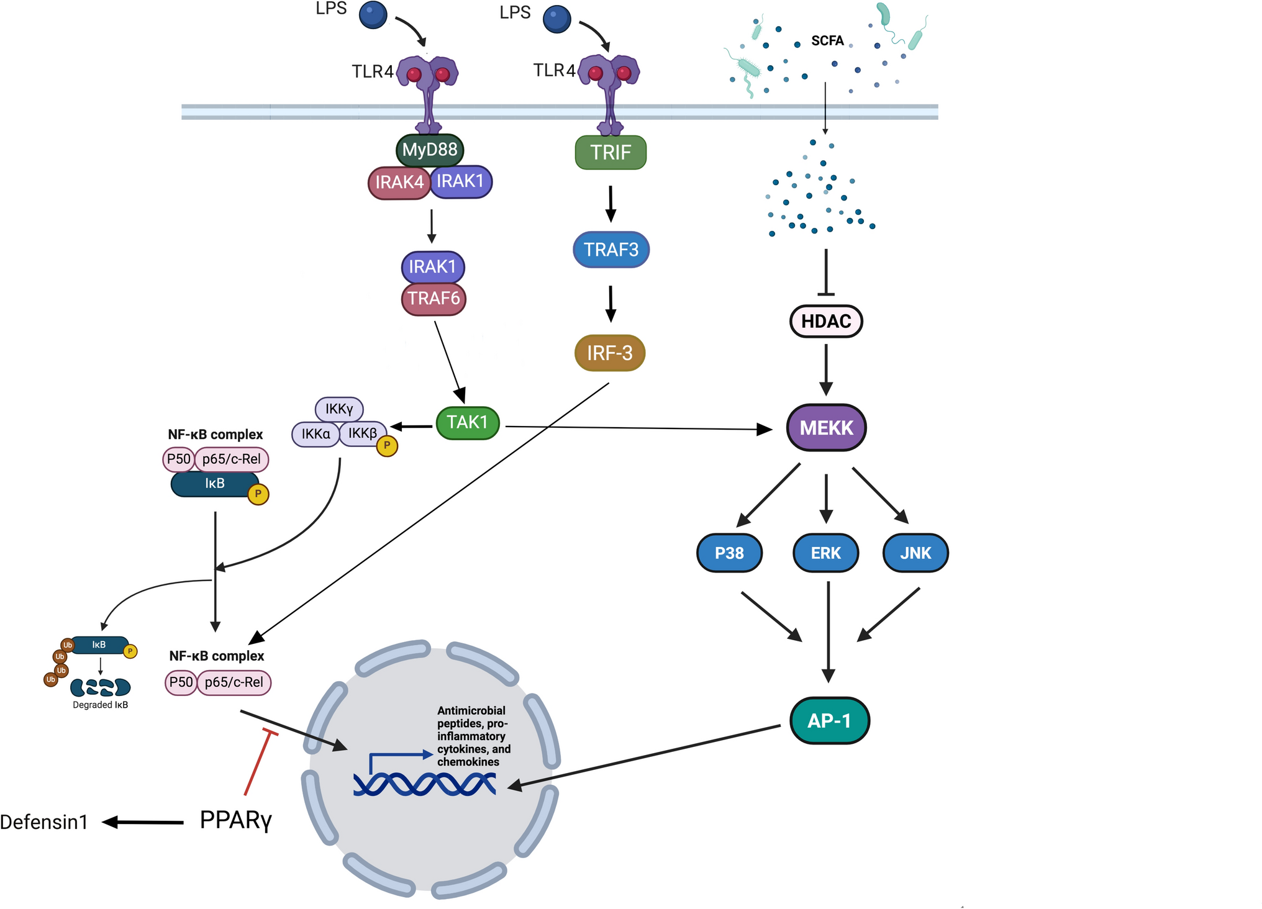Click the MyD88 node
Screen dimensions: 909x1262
[430, 150]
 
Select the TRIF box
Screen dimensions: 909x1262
[611, 153]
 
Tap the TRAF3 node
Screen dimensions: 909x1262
[611, 250]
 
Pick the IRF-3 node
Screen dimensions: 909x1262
[610, 353]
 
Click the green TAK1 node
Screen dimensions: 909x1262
[468, 423]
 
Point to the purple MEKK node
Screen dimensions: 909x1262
[826, 428]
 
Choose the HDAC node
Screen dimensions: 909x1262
[826, 322]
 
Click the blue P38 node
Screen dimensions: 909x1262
[729, 553]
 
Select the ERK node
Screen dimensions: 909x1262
[825, 553]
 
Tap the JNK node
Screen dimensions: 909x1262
[915, 553]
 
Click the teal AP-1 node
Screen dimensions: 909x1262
[829, 721]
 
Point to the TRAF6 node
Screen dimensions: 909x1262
[434, 299]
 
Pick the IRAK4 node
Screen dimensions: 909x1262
[399, 183]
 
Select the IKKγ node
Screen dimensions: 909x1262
[339, 409]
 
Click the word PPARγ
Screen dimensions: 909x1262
[236, 821]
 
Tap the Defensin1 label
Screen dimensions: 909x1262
[44, 822]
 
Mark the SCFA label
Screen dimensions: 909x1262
[827, 41]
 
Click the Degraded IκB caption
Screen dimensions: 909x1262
[100, 705]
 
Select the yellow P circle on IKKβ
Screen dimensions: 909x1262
[387, 446]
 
